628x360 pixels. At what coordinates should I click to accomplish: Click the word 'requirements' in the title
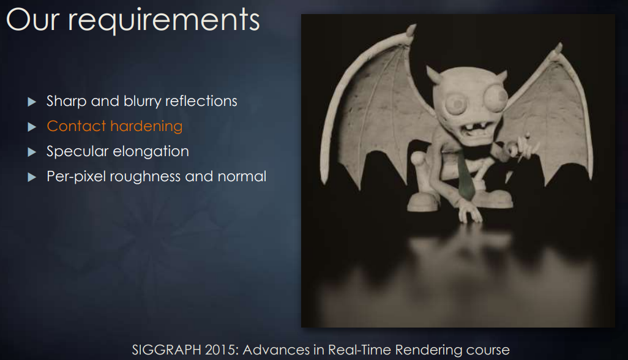[164, 21]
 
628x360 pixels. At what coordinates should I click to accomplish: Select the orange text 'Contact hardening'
[114, 126]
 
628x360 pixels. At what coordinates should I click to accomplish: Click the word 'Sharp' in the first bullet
[67, 101]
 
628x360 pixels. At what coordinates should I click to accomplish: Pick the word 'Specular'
[77, 152]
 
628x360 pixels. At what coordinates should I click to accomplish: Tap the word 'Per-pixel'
[76, 176]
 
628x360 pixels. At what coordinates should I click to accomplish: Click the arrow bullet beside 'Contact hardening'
[32, 127]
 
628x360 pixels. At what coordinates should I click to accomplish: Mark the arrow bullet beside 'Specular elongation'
[32, 152]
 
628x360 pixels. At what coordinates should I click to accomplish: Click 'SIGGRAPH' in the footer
[166, 350]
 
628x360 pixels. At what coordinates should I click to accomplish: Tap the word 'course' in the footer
[488, 350]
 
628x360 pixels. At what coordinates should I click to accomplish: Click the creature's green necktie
[465, 176]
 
